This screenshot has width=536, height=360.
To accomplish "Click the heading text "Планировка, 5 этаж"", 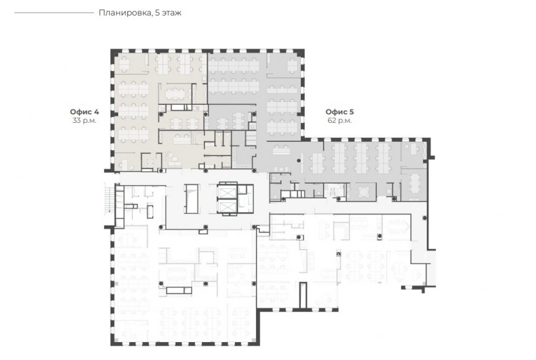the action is pos(140,13).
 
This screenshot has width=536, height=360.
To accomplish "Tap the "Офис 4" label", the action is pos(85,112).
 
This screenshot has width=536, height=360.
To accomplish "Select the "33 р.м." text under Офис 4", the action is pos(85,120).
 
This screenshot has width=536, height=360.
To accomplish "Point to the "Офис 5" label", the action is pos(339,112).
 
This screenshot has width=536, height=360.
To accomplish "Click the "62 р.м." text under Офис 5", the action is pos(339,120).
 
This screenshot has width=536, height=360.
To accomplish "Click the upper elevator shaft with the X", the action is pos(228,192).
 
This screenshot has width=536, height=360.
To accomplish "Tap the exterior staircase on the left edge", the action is pos(110,199).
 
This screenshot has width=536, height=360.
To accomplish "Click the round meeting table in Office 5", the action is pos(363,191).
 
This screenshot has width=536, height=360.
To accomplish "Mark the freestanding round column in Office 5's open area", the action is pos(299,160).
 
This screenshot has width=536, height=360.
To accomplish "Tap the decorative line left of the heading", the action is pos(54,13).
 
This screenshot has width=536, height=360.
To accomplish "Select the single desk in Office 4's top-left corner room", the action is pos(124,63).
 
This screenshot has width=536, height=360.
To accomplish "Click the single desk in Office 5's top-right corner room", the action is pos(292,65).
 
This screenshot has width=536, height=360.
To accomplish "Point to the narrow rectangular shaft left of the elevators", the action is pos(191,199).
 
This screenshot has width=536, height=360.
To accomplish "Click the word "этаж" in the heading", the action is pos(171,13).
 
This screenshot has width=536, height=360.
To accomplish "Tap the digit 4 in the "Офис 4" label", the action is pos(96,112).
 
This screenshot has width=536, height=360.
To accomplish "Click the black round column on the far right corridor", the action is pos(424,218).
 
